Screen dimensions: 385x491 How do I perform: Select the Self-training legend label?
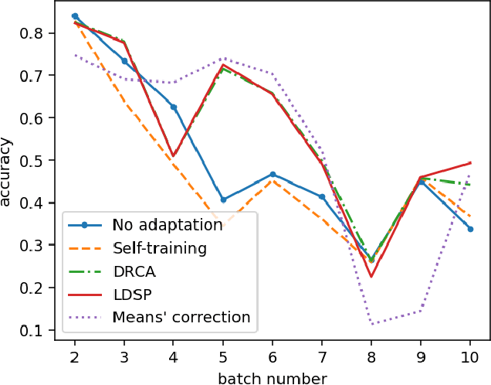[159, 249]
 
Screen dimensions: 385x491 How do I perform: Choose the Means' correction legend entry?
[181, 317]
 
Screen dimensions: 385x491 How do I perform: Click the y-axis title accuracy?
[8, 172]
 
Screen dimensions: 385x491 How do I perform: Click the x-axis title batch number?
[273, 378]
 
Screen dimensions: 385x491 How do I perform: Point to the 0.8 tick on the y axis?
[35, 33]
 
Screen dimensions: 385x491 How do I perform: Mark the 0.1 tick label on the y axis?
[35, 331]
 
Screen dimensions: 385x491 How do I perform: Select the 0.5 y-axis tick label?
[35, 161]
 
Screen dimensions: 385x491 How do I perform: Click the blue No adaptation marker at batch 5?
[223, 199]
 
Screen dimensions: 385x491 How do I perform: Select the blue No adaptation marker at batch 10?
[470, 229]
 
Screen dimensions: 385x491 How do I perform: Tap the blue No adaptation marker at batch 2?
[75, 15]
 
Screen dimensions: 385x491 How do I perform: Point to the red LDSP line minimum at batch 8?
[371, 277]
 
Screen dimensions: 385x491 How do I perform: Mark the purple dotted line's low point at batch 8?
[371, 324]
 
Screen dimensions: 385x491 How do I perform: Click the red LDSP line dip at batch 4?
[174, 156]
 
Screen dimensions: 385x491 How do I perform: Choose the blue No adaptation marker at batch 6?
[273, 175]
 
